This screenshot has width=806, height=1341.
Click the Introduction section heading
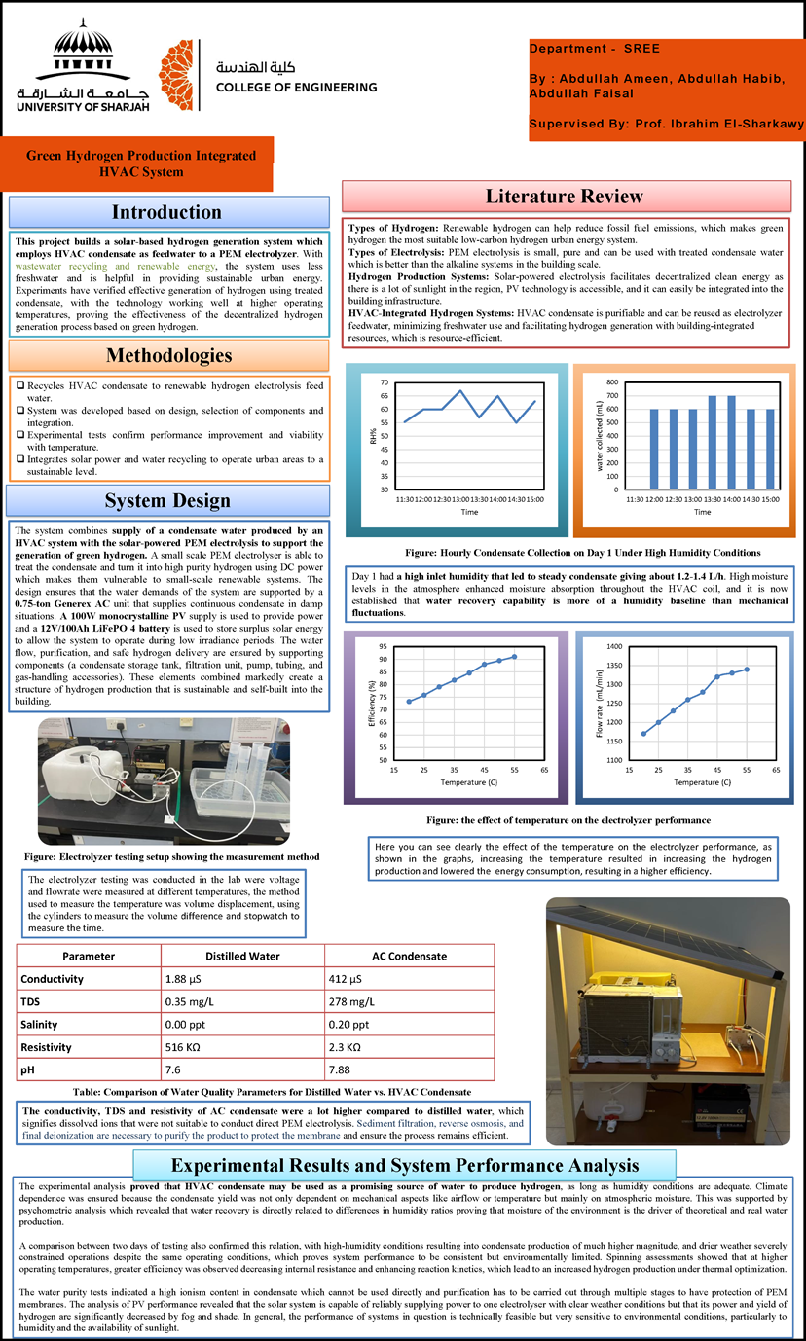165,212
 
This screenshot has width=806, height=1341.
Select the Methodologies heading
169,355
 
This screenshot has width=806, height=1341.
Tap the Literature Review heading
564,197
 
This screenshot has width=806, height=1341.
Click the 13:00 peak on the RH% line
460,391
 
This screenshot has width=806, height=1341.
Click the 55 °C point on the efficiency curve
514,656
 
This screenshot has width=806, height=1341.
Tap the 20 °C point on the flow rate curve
643,734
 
